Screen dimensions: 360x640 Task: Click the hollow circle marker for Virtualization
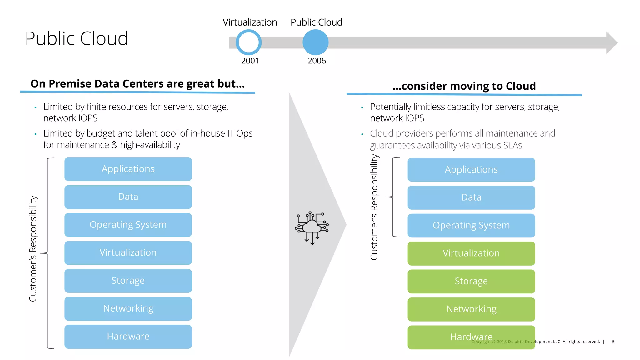click(x=248, y=42)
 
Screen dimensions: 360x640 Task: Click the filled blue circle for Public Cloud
click(x=315, y=42)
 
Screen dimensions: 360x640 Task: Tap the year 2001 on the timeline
click(x=250, y=61)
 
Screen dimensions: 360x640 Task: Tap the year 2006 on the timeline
click(x=317, y=61)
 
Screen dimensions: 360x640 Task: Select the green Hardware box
click(x=471, y=337)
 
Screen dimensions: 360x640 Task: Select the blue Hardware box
click(x=128, y=337)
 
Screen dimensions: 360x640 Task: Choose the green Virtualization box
click(x=471, y=253)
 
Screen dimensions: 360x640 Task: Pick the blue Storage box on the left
click(x=128, y=281)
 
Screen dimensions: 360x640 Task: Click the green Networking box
click(x=471, y=309)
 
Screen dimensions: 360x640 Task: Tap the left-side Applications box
click(x=128, y=169)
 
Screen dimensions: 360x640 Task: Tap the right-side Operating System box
click(x=471, y=225)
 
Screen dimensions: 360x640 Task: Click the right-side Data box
click(x=471, y=197)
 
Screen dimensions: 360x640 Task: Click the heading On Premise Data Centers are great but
click(x=137, y=84)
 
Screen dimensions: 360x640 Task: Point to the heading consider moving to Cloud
click(x=464, y=86)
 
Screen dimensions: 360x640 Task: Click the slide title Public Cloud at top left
click(x=77, y=38)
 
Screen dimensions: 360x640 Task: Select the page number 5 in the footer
click(x=613, y=342)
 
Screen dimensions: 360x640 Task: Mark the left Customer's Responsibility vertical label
click(x=33, y=248)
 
